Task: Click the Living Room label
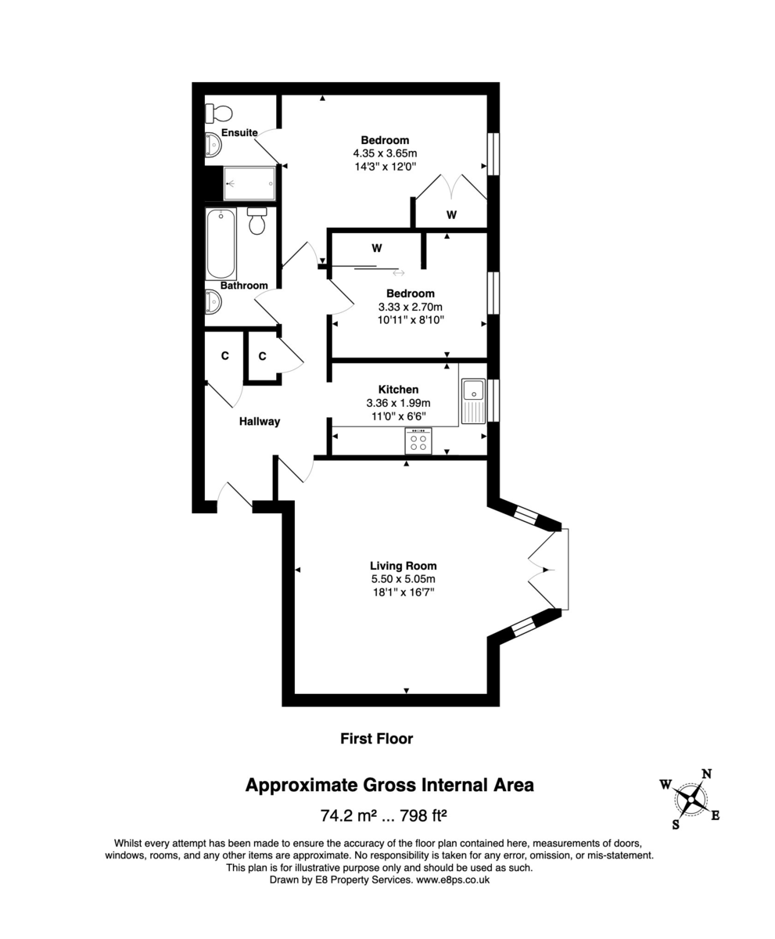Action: [403, 566]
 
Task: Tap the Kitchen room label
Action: [398, 389]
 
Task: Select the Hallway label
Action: [260, 421]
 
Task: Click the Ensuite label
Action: [239, 133]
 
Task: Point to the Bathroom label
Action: [244, 286]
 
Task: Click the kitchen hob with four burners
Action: [418, 442]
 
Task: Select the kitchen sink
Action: [473, 400]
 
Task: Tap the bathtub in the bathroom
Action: [221, 243]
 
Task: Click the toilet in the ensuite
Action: [214, 113]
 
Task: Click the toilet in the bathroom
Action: [257, 221]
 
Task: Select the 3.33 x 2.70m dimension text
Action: [409, 307]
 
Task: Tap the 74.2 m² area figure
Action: [344, 815]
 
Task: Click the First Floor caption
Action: [376, 738]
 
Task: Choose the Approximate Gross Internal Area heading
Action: [389, 785]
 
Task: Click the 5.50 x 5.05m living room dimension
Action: [403, 579]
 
